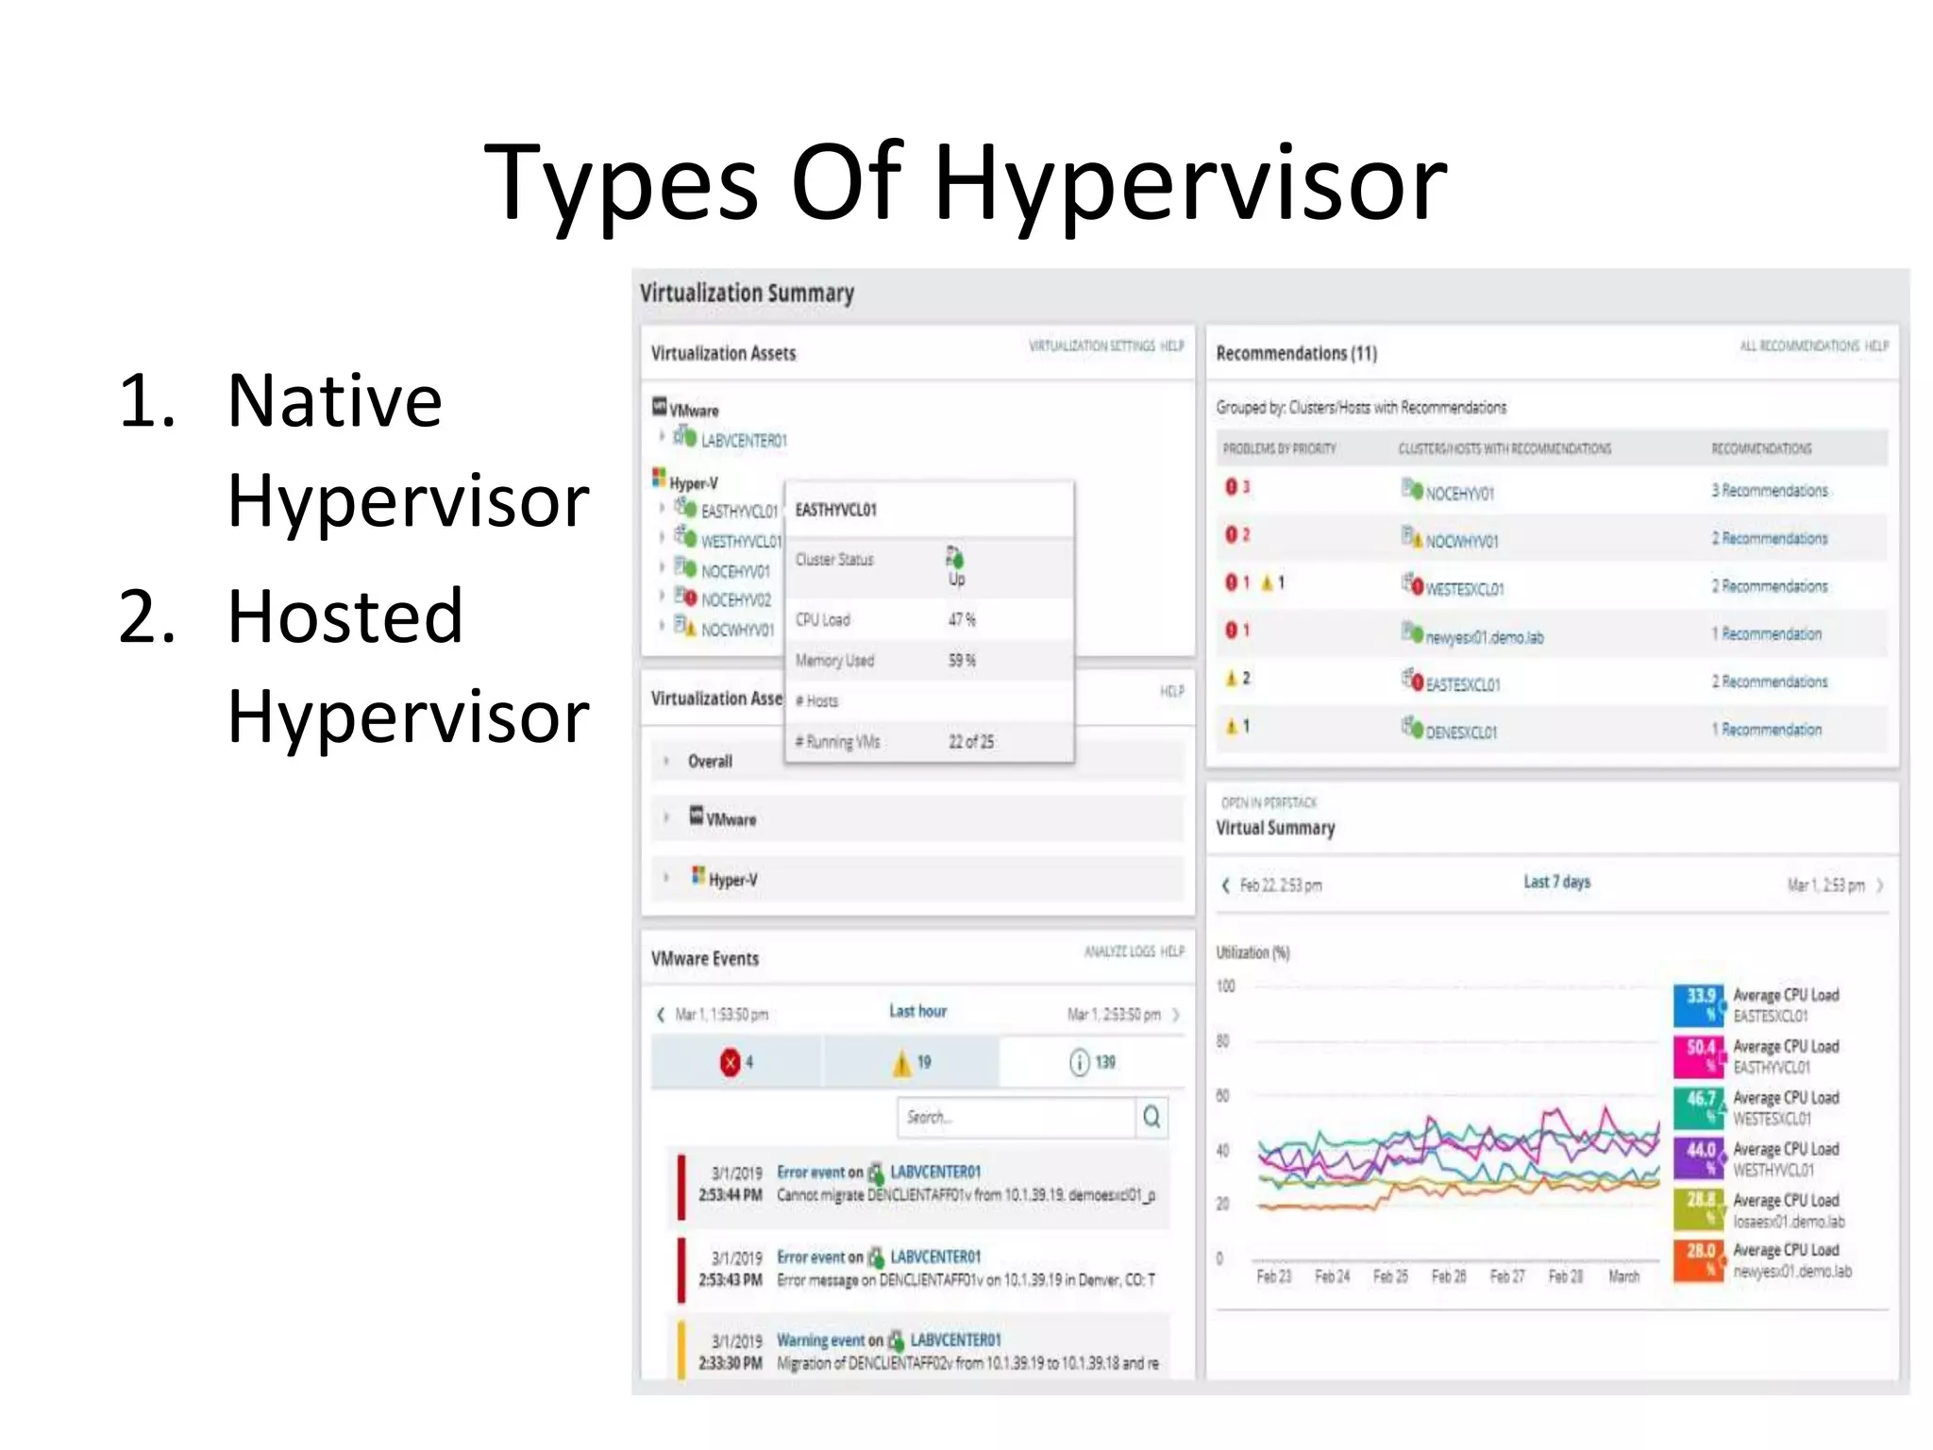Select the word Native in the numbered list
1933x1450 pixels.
click(334, 401)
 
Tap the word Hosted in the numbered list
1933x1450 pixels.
click(345, 616)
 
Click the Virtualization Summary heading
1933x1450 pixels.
click(747, 294)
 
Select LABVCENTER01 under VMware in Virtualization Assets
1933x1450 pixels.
click(743, 441)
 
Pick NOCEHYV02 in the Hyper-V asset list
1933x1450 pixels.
click(735, 600)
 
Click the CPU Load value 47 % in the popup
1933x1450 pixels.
click(962, 620)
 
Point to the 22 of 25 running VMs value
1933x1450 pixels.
click(971, 742)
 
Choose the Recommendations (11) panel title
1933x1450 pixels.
click(1296, 354)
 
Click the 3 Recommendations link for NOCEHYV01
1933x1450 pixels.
click(1769, 491)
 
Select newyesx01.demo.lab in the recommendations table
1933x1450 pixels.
click(1484, 638)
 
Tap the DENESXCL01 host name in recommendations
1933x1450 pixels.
click(1460, 733)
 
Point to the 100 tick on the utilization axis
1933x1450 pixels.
click(1225, 986)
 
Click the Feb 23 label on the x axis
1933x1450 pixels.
click(1273, 1277)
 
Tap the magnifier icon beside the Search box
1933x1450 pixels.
click(1151, 1118)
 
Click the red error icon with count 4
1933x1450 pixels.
click(730, 1063)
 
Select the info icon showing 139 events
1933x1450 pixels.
click(1079, 1063)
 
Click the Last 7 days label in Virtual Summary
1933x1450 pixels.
click(1556, 883)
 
